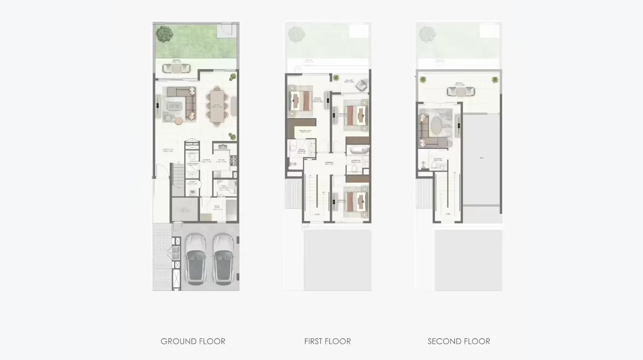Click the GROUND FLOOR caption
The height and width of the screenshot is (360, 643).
point(193,342)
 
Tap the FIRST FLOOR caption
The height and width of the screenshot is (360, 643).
point(328,342)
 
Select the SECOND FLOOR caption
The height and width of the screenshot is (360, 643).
point(459,342)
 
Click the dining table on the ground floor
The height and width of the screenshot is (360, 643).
point(217,106)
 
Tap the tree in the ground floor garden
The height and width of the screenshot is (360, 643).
point(164,34)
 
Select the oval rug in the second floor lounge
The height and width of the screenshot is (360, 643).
point(436,126)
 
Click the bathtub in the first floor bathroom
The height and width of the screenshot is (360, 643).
point(358,150)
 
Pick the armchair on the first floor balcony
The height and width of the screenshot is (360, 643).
point(361,85)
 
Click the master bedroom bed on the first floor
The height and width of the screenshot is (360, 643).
point(300,101)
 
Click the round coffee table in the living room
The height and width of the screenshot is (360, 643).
point(178,119)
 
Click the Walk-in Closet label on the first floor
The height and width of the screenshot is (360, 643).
point(304,131)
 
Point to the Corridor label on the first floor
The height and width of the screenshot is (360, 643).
point(329,163)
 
